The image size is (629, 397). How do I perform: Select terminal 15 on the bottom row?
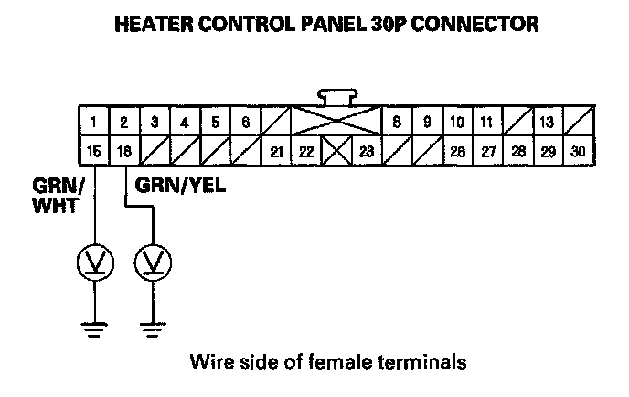tap(95, 151)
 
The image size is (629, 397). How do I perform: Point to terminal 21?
tap(276, 151)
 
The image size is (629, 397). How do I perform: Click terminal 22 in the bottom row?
tap(306, 151)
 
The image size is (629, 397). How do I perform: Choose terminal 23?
tap(367, 151)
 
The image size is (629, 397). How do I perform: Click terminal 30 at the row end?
tap(578, 151)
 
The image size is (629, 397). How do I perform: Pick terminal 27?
tap(487, 151)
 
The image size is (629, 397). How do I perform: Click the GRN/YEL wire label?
tap(180, 187)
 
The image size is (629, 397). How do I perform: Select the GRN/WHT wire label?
tap(56, 195)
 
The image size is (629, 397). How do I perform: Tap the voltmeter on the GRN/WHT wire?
tap(95, 263)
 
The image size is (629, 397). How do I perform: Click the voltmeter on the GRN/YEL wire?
tap(153, 263)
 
